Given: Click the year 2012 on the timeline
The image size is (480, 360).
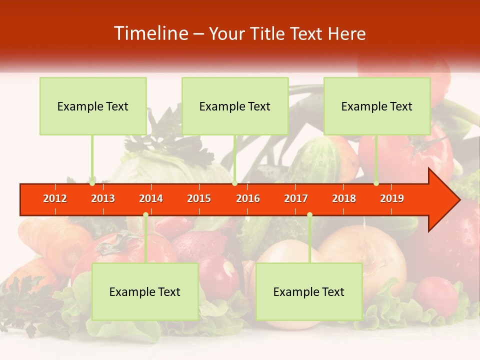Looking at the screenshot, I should coord(55,198).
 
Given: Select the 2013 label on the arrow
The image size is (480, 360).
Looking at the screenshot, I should coord(103,198).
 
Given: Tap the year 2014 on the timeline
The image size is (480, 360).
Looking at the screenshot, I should coord(151,198).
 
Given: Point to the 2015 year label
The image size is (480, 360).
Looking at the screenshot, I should coord(199,198).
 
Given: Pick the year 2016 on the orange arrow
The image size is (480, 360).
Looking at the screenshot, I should coord(248,198).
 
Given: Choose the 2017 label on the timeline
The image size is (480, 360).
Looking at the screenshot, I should coord(296,198).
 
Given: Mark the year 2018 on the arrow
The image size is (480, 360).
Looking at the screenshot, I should coord(344,198).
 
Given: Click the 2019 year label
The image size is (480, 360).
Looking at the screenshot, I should coord(392,198).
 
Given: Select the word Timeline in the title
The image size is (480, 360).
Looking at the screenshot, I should coord(150,33).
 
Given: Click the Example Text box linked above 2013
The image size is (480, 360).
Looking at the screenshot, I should coord(93,106).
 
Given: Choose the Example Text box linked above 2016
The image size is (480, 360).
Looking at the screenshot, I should coord(235,106).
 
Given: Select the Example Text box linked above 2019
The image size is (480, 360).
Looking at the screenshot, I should coord(377,106).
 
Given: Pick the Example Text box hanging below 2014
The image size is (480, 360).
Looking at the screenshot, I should coord(145,291).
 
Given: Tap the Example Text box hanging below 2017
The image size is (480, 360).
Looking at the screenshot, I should coord(309,291).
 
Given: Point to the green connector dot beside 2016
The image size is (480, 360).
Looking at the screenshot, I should coord(234,183).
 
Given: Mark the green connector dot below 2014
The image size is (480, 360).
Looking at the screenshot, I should coord(145,215).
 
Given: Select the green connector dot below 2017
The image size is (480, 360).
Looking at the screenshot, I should coord(309,215).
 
